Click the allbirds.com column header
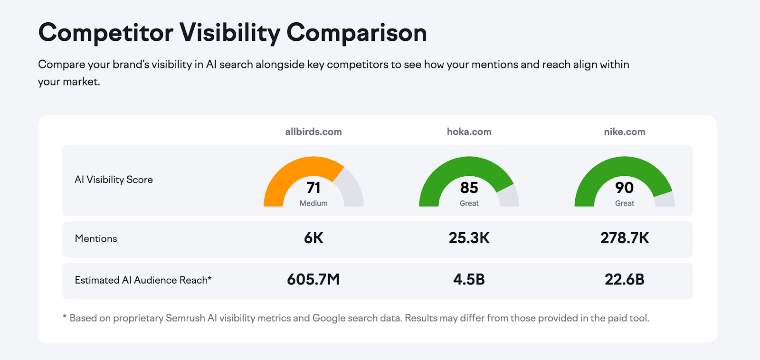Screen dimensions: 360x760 313,132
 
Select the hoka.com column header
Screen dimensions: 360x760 469,132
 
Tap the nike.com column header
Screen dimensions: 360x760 624,132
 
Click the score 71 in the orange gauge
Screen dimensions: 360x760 313,188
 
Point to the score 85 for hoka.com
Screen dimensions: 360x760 469,188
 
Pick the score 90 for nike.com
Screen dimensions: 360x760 624,188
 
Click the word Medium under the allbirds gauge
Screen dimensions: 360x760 313,203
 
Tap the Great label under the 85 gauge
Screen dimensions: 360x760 469,203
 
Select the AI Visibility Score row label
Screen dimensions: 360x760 114,180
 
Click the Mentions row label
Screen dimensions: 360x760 96,238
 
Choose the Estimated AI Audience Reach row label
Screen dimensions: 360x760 142,280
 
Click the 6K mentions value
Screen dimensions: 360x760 313,238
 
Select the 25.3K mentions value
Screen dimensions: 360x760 469,238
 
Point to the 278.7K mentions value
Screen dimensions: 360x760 624,238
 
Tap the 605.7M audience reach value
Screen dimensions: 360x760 313,279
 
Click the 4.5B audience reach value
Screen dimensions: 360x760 469,279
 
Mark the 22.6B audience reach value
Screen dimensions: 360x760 624,279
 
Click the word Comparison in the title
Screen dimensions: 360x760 356,33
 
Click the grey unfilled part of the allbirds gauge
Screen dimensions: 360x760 352,190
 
